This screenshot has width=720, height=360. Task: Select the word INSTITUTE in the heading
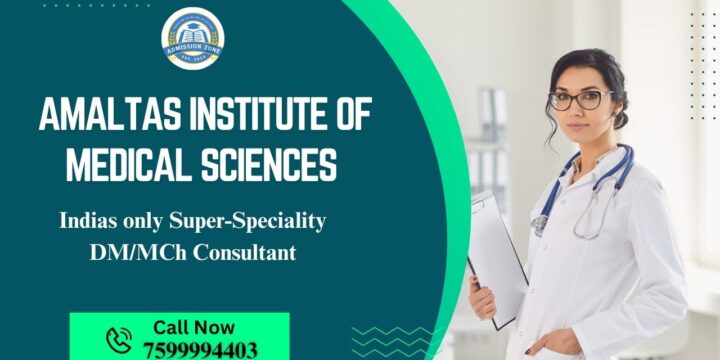[x=249, y=116]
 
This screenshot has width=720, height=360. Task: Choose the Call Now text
[x=194, y=327]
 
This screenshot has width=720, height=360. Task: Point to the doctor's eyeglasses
[x=580, y=100]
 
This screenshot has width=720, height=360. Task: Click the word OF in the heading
[x=350, y=116]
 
